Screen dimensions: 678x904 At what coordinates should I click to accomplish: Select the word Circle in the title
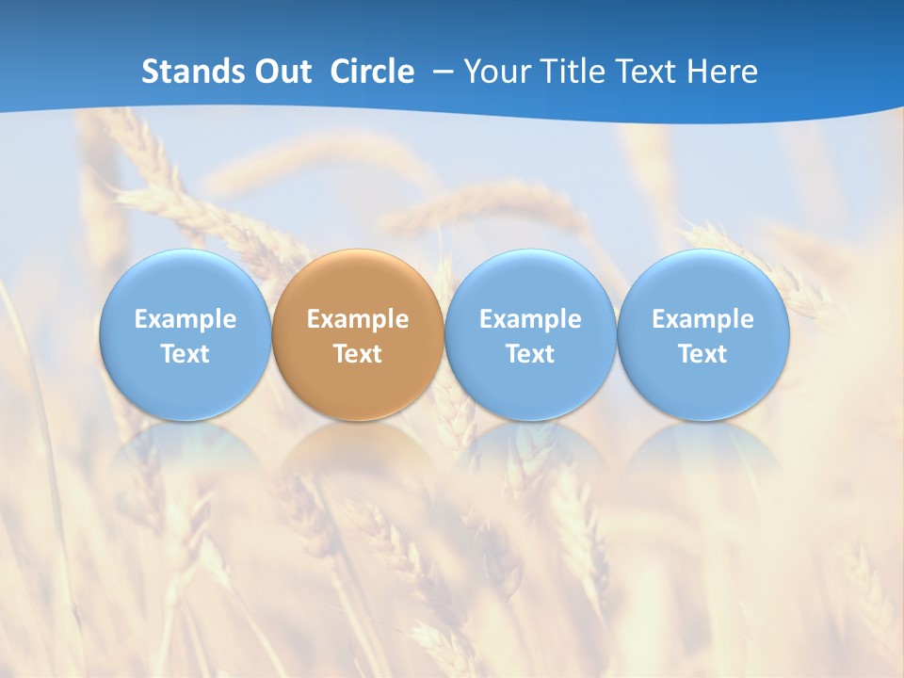tap(372, 72)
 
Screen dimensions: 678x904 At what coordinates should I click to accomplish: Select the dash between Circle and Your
tap(440, 73)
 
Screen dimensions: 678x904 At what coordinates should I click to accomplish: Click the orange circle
tap(358, 282)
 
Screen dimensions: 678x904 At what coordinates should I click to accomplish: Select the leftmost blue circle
tap(185, 282)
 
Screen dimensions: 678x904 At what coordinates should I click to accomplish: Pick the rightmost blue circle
tap(703, 282)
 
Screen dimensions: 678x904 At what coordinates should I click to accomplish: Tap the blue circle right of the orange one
tap(530, 282)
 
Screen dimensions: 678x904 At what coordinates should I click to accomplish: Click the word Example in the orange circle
tap(358, 319)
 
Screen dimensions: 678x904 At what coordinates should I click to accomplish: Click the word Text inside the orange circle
tap(358, 354)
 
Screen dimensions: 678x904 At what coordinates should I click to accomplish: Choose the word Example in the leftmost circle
tap(185, 319)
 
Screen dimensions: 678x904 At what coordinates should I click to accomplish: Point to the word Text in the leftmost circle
tap(185, 354)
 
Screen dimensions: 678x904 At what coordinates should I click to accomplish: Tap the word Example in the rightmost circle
tap(703, 319)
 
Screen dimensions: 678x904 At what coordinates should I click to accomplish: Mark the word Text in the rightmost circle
tap(703, 354)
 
